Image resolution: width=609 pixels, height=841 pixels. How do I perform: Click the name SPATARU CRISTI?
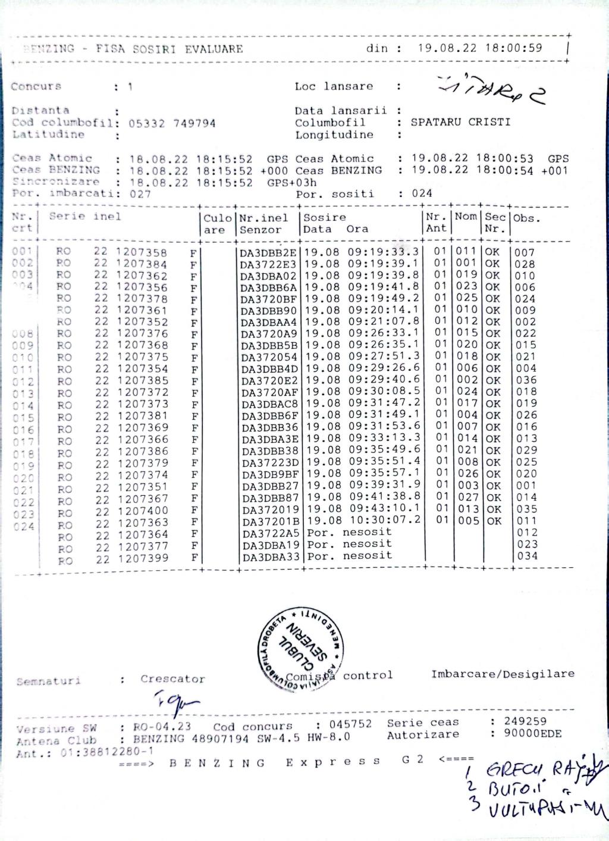pos(460,122)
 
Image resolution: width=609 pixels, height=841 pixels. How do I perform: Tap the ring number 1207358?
pos(142,252)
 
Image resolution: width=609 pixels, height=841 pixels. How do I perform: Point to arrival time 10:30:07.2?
pos(385,520)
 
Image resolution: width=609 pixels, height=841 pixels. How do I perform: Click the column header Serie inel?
pos(85,217)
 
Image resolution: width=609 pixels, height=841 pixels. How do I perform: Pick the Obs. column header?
pos(526,218)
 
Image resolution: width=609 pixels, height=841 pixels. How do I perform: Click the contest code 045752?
pos(351,724)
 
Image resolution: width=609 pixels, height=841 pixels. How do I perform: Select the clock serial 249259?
pos(525,721)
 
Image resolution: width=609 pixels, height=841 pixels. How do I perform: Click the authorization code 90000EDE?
pos(532,733)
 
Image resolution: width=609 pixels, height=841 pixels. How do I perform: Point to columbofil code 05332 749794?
pos(172,123)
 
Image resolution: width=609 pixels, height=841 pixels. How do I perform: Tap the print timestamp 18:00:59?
pos(513,48)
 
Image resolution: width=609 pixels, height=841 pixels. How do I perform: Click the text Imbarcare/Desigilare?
pos(503,674)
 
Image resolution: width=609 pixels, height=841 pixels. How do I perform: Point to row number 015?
pos(23,418)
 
